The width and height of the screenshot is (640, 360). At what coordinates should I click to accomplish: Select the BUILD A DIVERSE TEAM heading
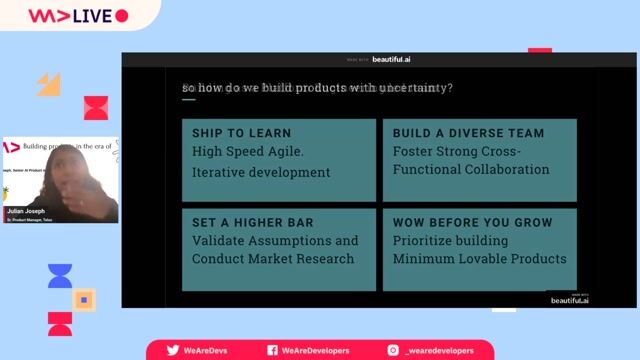[468, 133]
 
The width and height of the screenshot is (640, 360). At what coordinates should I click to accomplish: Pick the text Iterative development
[260, 172]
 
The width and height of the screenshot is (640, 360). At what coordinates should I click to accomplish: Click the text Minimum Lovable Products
[479, 259]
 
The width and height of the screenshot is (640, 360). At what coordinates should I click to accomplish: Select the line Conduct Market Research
[273, 259]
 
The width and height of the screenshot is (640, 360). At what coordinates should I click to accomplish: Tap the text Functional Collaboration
[470, 169]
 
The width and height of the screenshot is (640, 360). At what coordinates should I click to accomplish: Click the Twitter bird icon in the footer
[173, 350]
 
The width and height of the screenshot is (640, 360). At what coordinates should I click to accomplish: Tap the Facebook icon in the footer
[272, 350]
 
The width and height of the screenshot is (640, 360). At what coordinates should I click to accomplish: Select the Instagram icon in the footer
[393, 350]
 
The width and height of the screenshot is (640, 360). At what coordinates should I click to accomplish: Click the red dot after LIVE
[122, 16]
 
